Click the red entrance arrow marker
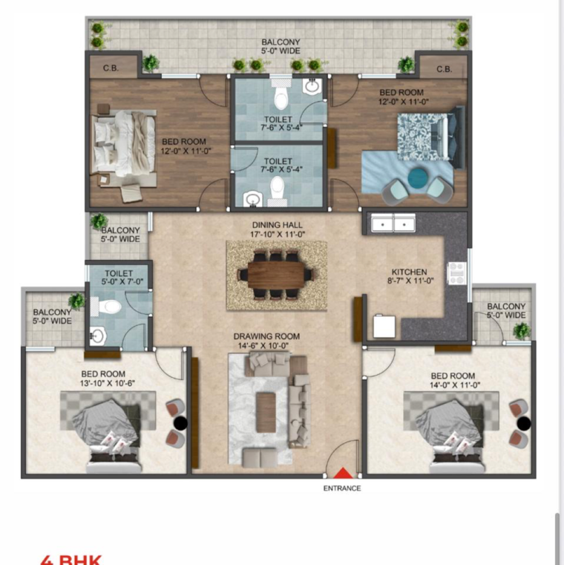[342, 473]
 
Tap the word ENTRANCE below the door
[342, 489]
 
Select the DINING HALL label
[277, 225]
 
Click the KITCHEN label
[410, 272]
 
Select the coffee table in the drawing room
[266, 405]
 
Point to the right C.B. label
[444, 69]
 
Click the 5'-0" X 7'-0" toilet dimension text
[119, 281]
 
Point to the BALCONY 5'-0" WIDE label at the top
[280, 47]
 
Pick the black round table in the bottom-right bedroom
[524, 424]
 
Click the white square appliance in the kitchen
[384, 325]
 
